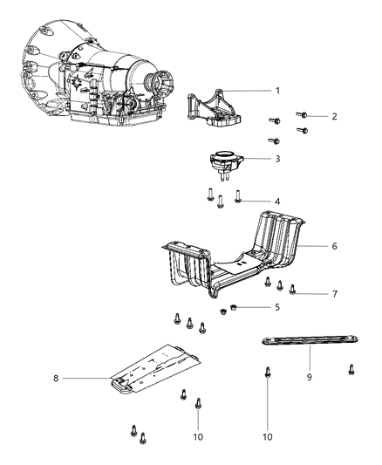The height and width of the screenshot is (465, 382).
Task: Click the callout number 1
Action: coord(277,91)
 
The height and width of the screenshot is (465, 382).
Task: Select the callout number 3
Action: coord(277,159)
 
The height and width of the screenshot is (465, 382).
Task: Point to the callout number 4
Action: coord(277,202)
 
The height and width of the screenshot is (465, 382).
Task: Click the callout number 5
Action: coord(277,308)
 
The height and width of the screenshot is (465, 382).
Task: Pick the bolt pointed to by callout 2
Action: coord(303,114)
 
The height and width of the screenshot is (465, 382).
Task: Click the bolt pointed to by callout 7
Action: coord(294,290)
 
